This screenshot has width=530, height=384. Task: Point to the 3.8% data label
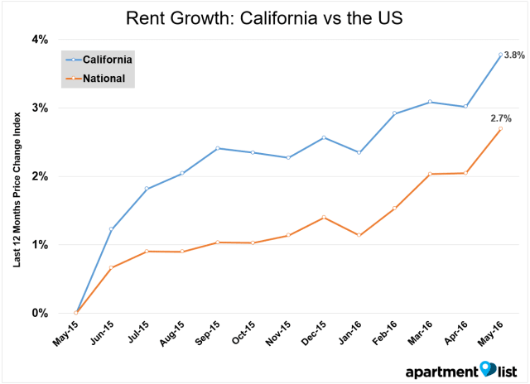pos(513,55)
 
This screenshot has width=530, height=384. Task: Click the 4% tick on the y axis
pos(40,40)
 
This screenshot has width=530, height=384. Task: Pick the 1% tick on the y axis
pos(40,245)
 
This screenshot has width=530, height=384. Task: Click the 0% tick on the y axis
pos(40,313)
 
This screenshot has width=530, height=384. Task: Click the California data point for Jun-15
pos(112,229)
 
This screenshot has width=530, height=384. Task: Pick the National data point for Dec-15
pos(323,217)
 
